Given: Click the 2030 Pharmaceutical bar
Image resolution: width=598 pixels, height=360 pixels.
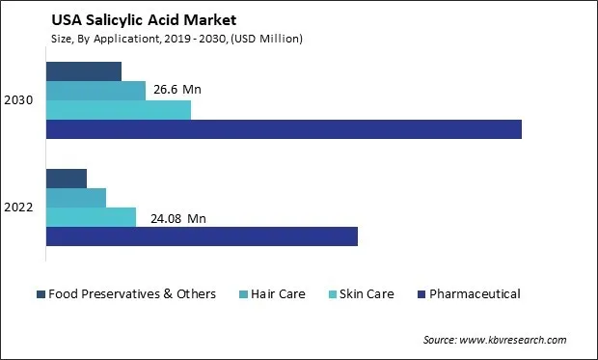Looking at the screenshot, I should [x=284, y=129].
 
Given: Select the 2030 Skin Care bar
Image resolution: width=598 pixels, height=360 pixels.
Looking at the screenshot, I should [x=118, y=110].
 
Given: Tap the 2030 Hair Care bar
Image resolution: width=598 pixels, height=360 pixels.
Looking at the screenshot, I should [x=95, y=91].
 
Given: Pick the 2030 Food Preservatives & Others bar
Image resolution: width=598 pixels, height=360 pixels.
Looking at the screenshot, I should [x=83, y=71].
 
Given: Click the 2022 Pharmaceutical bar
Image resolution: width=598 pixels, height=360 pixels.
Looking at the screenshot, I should [x=202, y=236].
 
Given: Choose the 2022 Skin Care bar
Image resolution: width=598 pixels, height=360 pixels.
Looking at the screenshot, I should [x=91, y=217].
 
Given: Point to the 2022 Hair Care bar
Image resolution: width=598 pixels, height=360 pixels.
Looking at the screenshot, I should [x=75, y=198].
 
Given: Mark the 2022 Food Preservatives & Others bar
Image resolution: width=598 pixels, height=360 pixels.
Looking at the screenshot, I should [x=66, y=179].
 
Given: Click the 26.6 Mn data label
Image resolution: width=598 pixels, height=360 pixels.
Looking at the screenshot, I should [x=177, y=91].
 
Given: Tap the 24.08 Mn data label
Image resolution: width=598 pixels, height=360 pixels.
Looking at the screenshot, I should [x=178, y=218].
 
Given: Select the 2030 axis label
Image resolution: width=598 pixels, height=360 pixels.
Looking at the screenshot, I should [x=19, y=100].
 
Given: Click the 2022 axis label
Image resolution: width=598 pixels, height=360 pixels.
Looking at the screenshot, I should [x=19, y=208].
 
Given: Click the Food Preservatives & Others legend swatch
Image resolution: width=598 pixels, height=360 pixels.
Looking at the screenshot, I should [x=41, y=294].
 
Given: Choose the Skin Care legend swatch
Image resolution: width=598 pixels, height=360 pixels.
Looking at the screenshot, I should [x=334, y=294].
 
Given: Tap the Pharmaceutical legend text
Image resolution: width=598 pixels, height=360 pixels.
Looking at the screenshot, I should [x=475, y=294].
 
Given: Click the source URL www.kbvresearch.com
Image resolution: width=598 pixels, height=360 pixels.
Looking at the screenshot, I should [x=513, y=340].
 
